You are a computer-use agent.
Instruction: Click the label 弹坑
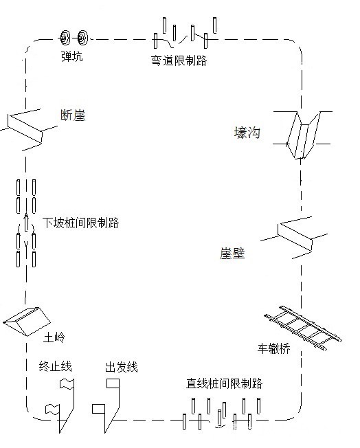coord(72,56)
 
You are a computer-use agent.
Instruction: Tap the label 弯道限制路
coord(179,60)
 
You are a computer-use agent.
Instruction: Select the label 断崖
coord(73,115)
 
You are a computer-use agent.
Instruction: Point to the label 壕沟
coord(247,133)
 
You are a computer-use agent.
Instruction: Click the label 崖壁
coord(232,253)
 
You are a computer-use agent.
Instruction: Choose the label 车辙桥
coord(273,348)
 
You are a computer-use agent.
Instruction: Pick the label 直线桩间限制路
coord(224,383)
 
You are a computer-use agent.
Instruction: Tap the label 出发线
coord(122,367)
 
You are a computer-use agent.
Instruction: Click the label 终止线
coord(55,366)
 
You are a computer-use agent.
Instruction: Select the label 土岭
coord(54,337)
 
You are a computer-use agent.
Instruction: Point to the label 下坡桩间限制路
coord(80,223)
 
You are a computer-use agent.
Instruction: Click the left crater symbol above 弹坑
coord(65,37)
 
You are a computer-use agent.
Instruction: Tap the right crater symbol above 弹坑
coord(83,37)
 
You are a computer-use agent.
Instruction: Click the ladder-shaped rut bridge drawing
coord(303,328)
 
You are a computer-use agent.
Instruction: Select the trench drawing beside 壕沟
coord(302,135)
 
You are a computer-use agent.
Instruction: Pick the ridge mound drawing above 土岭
coord(27,322)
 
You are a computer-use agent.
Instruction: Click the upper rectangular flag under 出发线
coord(113,383)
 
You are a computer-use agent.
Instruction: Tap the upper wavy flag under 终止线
coord(67,383)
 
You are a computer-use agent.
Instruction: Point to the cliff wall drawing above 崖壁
coord(294,238)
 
